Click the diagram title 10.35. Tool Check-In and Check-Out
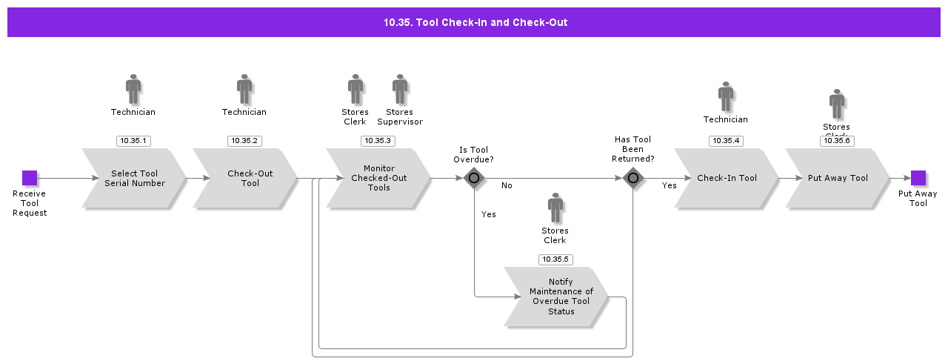pos(475,22)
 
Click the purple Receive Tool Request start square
pos(30,178)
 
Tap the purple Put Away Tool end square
pos(918,178)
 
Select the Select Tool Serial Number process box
pos(134,179)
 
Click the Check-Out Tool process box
pos(246,179)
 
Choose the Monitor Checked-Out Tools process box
pos(378,179)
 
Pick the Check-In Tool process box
pos(726,179)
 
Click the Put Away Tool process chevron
pos(838,179)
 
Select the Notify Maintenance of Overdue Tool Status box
pos(557,297)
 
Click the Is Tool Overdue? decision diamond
pos(474,178)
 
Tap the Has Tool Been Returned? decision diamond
pos(632,178)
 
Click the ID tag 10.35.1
pos(133,141)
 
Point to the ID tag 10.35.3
pos(378,141)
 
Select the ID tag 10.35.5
pos(555,259)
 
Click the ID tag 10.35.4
pos(726,141)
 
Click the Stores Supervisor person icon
pos(400,89)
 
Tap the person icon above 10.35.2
pos(244,89)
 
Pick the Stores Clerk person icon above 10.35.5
pos(555,208)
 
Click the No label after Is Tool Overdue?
pos(507,185)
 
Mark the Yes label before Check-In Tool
pos(669,186)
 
